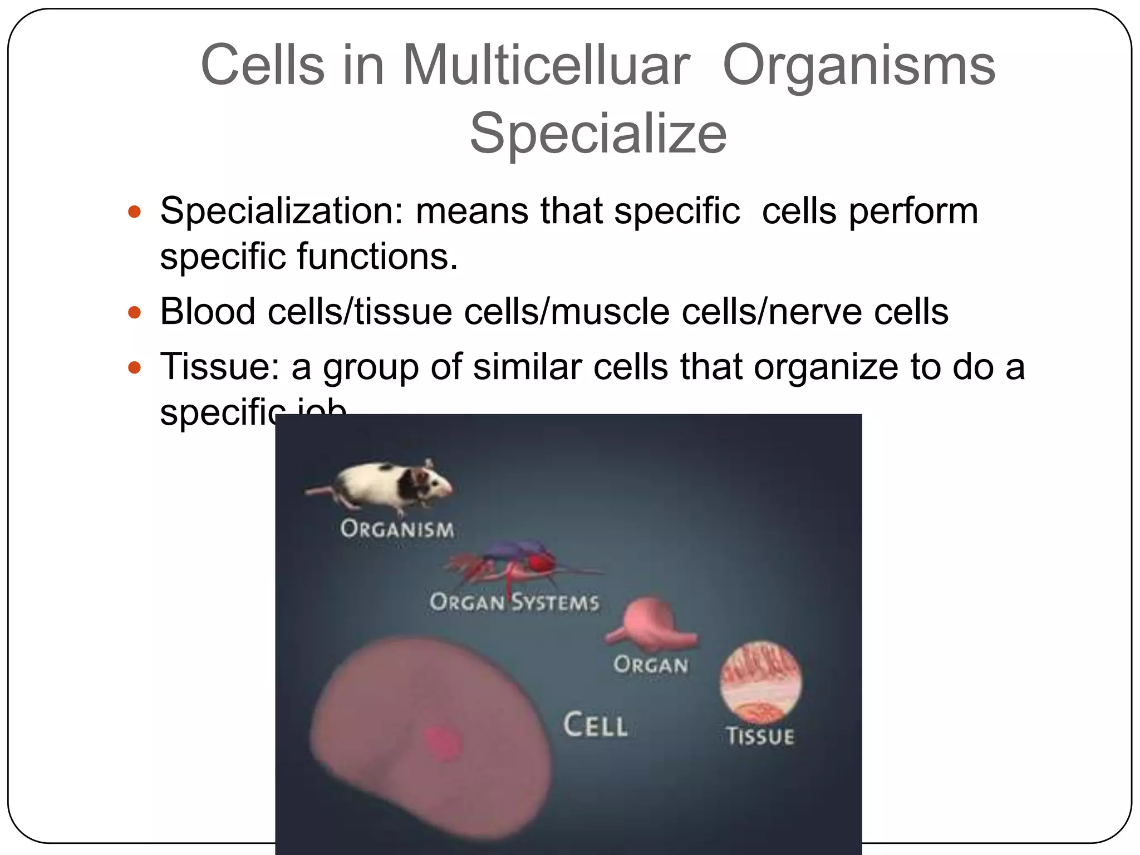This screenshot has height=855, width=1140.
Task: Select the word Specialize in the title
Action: pyautogui.click(x=598, y=134)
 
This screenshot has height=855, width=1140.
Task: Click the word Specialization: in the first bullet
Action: pyautogui.click(x=281, y=212)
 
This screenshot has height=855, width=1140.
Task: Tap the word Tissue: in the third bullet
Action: pyautogui.click(x=219, y=367)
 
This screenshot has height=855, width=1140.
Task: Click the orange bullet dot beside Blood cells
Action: pyautogui.click(x=134, y=312)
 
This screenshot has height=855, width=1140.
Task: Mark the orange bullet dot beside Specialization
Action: pyautogui.click(x=134, y=212)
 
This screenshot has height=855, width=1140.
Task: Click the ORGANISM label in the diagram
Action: pyautogui.click(x=397, y=529)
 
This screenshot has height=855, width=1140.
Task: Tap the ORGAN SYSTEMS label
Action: pyautogui.click(x=514, y=602)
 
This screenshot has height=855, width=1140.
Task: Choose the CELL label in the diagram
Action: pyautogui.click(x=595, y=725)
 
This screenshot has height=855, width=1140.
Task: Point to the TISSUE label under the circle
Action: pyautogui.click(x=760, y=736)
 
